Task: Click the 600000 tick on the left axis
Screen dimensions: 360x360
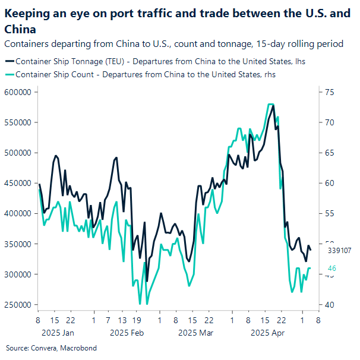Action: click(17, 91)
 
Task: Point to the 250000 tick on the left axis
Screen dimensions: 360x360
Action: click(17, 305)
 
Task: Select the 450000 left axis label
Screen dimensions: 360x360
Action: click(17, 183)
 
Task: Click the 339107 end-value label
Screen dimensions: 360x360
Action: click(339, 251)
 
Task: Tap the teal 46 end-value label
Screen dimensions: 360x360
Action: click(332, 269)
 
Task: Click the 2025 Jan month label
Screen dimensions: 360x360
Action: click(55, 333)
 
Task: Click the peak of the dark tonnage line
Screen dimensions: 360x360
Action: click(273, 106)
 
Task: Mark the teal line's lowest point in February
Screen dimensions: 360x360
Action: click(140, 304)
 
